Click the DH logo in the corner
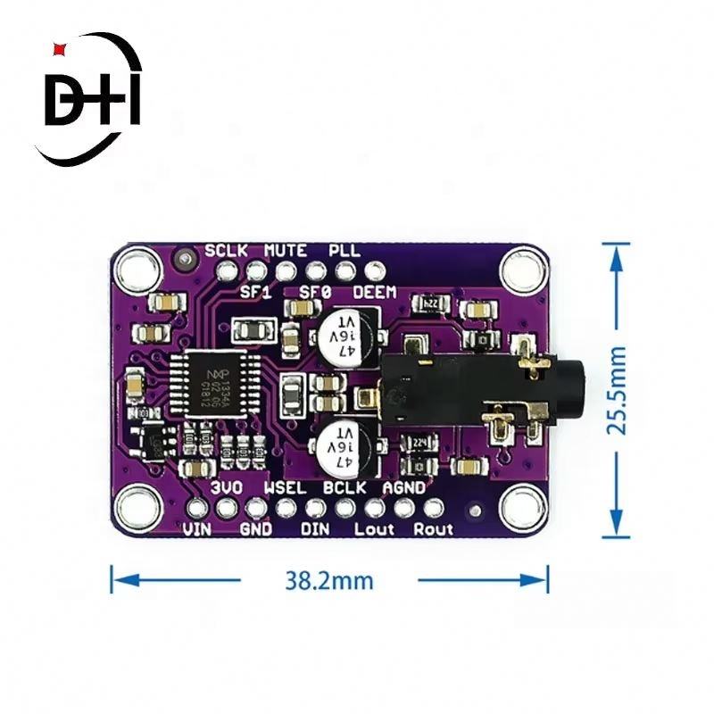click(x=94, y=101)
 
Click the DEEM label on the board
click(x=375, y=292)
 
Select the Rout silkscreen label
click(x=433, y=529)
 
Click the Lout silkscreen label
click(x=374, y=529)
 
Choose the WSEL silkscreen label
click(x=286, y=488)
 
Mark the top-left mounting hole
click(x=137, y=266)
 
